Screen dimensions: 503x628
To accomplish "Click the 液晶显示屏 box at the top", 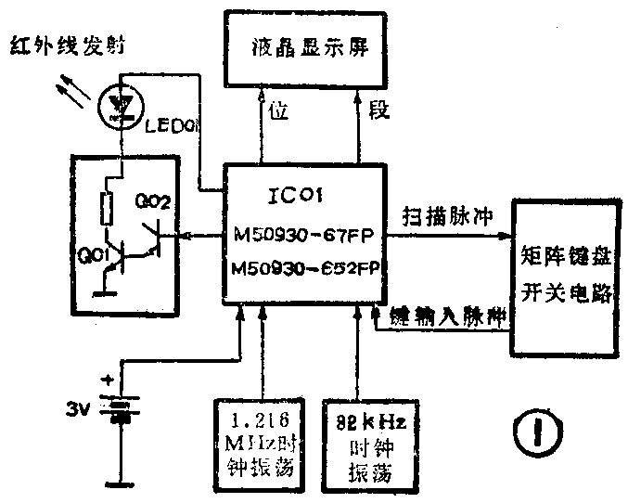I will pyautogui.click(x=305, y=49).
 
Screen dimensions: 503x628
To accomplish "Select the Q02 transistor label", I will pyautogui.click(x=152, y=201).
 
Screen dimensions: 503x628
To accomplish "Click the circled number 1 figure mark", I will pyautogui.click(x=537, y=433).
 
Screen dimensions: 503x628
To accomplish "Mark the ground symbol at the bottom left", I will pyautogui.click(x=117, y=483).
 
